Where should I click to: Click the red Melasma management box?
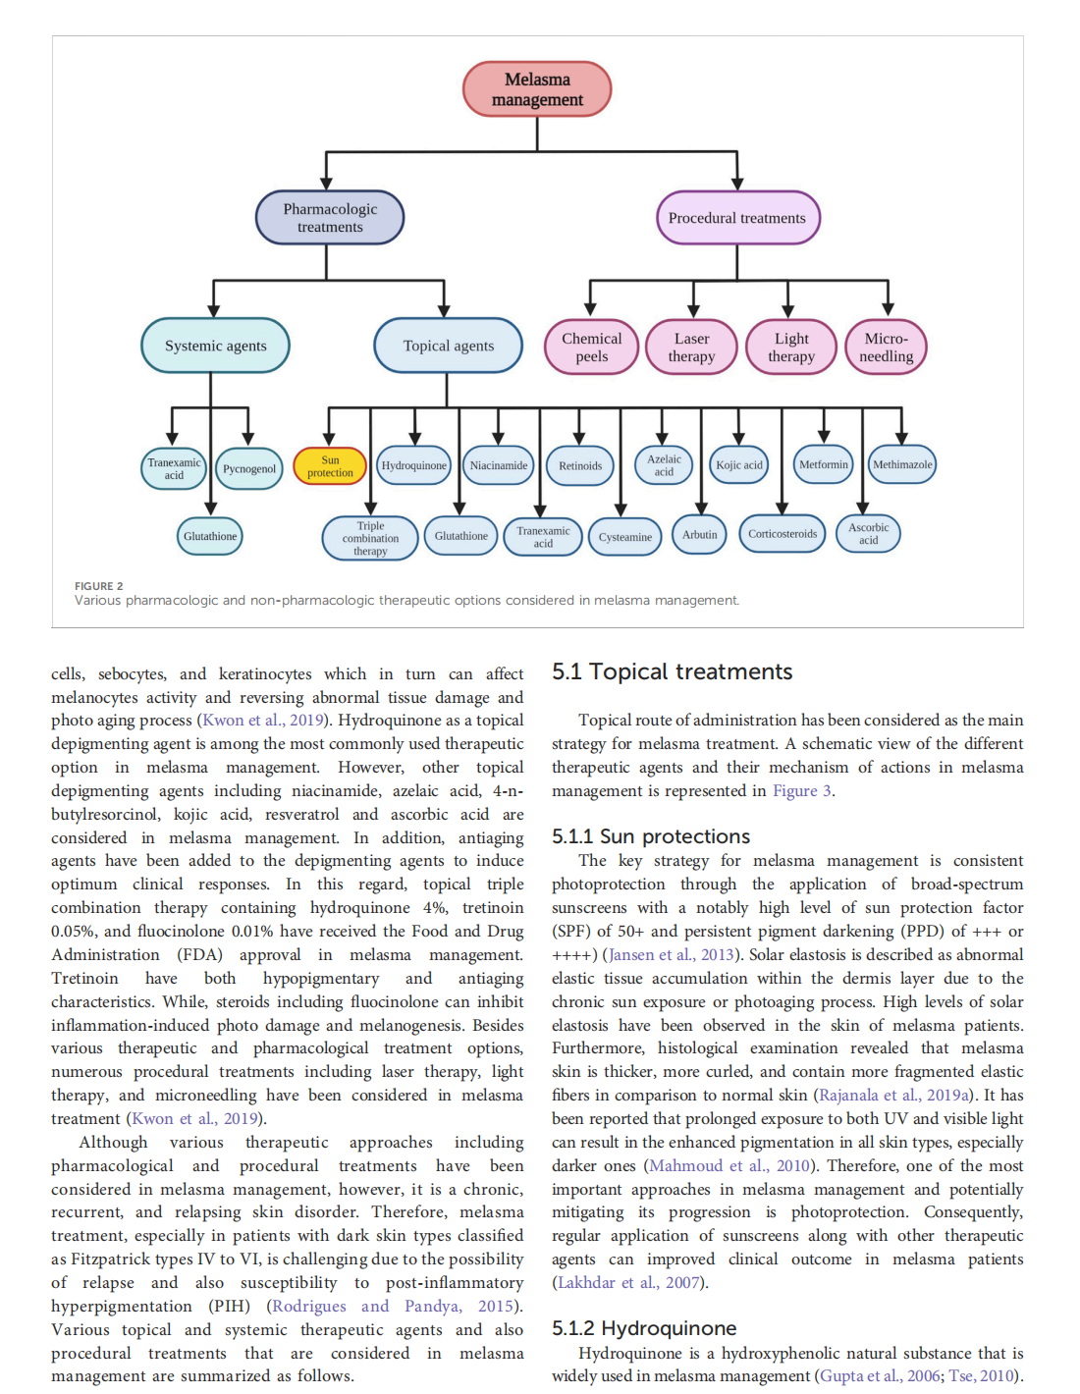tap(537, 89)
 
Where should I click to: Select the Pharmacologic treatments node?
tap(330, 218)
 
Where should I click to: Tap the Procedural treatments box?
tap(737, 218)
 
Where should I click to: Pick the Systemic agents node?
tap(216, 346)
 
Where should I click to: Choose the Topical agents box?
tap(449, 346)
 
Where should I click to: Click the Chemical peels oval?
tap(592, 348)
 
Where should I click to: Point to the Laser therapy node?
tap(692, 348)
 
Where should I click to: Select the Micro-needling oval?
tap(887, 348)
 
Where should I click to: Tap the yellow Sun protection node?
tap(330, 466)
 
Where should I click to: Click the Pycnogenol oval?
tap(249, 469)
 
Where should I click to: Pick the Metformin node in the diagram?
tap(824, 465)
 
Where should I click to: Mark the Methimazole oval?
tap(902, 465)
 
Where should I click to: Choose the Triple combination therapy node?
tap(370, 538)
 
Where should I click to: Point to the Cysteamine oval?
tap(625, 537)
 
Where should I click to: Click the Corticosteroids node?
tap(783, 534)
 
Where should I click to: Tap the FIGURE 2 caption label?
tap(99, 586)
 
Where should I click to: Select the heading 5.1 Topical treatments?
tap(672, 672)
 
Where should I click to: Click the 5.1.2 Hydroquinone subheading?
tap(644, 1328)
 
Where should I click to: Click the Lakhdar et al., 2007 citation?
tap(628, 1283)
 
